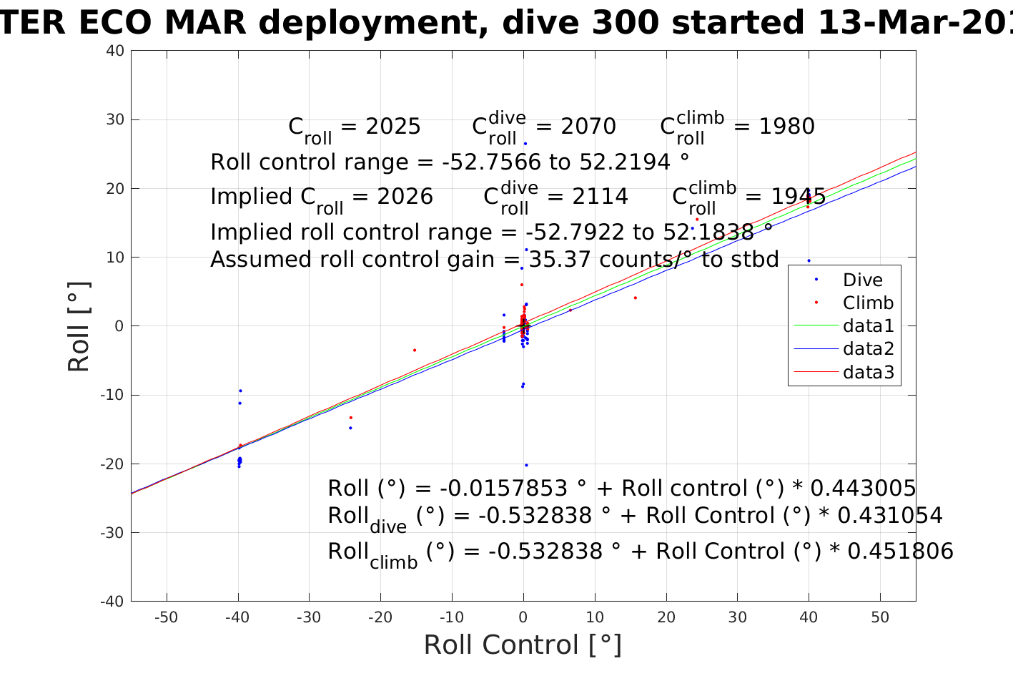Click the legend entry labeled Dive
[862, 280]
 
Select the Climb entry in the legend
[868, 303]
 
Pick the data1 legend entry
[868, 326]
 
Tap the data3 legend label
[868, 372]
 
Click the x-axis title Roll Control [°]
[523, 645]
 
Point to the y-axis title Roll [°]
[79, 326]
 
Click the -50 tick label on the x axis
[166, 618]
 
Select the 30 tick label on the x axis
[737, 618]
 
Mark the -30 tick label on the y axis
[112, 532]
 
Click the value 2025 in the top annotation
[393, 127]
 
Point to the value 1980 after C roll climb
[786, 127]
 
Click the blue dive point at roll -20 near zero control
[526, 465]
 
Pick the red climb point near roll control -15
[415, 350]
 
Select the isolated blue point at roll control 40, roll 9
[809, 260]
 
